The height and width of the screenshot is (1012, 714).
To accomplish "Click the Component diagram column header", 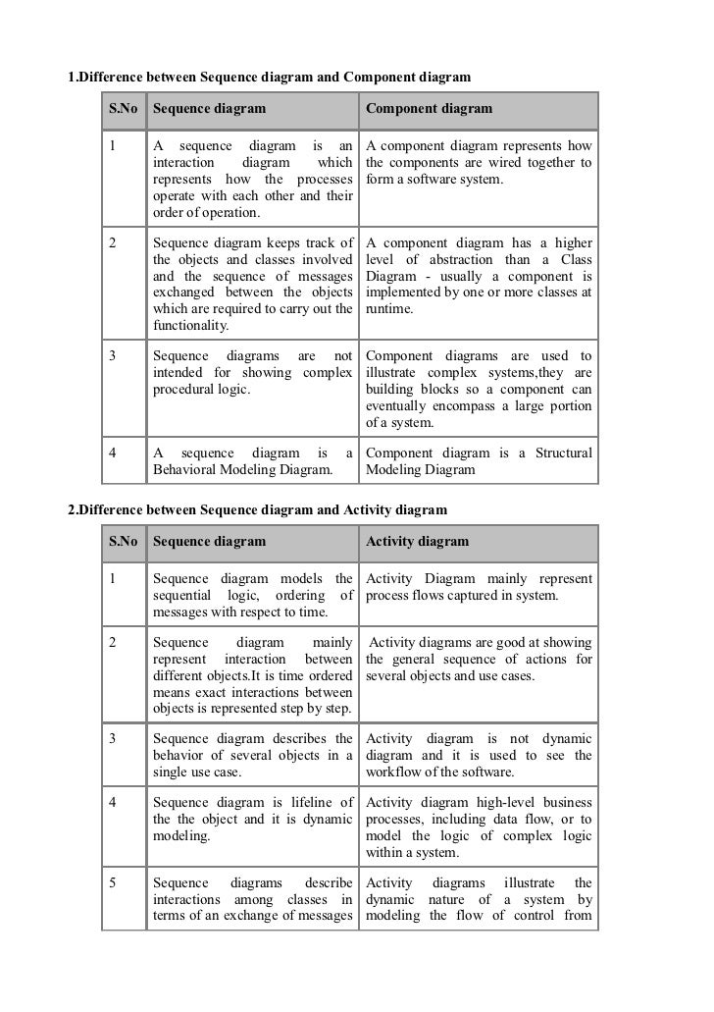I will point(429,109).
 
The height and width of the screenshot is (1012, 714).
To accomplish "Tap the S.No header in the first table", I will point(123,109).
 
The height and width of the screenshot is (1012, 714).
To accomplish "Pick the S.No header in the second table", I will point(123,541).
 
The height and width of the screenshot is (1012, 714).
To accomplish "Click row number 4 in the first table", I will point(115,453).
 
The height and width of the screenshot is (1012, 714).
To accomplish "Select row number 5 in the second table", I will point(115,882).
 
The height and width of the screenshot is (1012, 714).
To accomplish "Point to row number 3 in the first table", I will point(115,356).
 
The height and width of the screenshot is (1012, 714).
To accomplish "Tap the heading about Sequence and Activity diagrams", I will point(257,509).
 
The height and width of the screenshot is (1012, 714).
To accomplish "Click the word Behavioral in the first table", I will point(193,470).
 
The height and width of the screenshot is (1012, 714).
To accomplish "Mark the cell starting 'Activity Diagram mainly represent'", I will point(479,588).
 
